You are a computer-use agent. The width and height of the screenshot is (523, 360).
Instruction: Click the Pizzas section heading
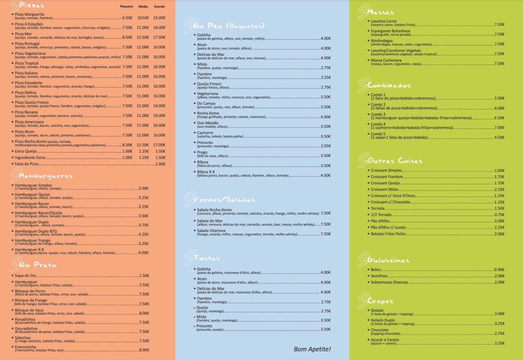[32, 5]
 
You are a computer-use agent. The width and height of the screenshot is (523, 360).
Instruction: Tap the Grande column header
[159, 6]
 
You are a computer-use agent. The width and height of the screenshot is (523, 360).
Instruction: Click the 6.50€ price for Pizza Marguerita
[127, 18]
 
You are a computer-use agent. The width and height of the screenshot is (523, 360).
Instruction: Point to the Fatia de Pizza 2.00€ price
[160, 164]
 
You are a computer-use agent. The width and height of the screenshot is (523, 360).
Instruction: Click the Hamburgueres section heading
[46, 176]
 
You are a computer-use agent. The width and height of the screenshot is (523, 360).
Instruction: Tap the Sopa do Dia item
[25, 276]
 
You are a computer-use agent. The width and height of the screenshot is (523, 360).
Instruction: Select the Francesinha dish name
[25, 347]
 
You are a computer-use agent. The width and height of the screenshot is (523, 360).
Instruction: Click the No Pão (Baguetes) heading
[229, 26]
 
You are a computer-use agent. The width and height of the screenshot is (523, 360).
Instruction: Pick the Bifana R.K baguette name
[206, 172]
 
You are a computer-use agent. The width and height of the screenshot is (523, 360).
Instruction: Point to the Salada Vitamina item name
[211, 231]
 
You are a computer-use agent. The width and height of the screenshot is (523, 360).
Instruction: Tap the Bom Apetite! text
[312, 349]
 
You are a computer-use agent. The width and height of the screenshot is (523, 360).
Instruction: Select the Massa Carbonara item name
[386, 60]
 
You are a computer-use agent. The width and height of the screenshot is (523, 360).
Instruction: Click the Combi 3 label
[378, 114]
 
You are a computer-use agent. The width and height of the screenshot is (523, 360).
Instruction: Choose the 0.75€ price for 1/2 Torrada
[499, 215]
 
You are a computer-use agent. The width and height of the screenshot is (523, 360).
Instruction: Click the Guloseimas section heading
[388, 260]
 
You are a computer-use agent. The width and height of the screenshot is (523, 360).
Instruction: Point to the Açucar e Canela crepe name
[385, 340]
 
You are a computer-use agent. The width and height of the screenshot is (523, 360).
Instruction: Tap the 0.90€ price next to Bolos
[499, 270]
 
